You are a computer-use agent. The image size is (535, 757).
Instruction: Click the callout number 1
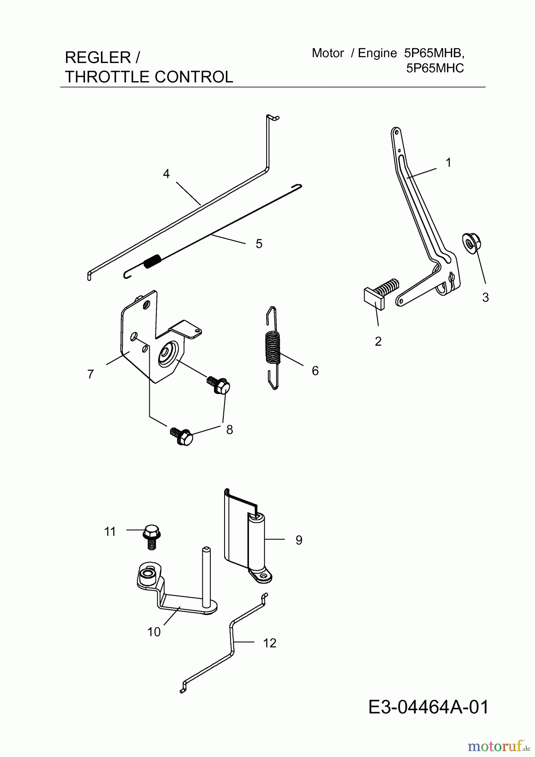pyautogui.click(x=448, y=163)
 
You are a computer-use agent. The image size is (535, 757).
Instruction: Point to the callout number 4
pyautogui.click(x=166, y=174)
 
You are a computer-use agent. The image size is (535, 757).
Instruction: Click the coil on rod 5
pyautogui.click(x=152, y=261)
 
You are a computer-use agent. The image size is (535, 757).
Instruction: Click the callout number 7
pyautogui.click(x=90, y=374)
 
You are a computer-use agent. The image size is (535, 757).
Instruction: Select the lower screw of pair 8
pyautogui.click(x=181, y=437)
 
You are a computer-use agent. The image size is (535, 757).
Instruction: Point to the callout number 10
pyautogui.click(x=154, y=632)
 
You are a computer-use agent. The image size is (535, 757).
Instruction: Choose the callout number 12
pyautogui.click(x=270, y=643)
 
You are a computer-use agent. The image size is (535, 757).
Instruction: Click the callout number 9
pyautogui.click(x=299, y=540)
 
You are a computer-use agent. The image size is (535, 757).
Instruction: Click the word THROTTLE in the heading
pyautogui.click(x=107, y=77)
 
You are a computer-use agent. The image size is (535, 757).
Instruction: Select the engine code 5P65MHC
pyautogui.click(x=435, y=68)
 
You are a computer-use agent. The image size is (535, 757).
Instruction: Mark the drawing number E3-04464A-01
pyautogui.click(x=429, y=707)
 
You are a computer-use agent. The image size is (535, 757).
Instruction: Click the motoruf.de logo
pyautogui.click(x=500, y=746)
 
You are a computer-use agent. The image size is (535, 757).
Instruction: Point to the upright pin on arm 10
pyautogui.click(x=206, y=577)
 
